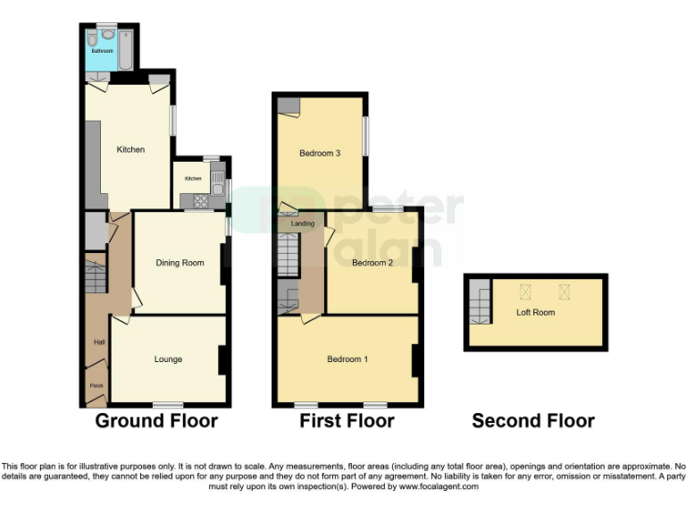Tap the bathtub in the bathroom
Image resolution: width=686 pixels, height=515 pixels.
pyautogui.click(x=124, y=50)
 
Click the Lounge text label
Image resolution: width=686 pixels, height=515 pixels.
pyautogui.click(x=168, y=359)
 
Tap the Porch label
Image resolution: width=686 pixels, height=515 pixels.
pyautogui.click(x=96, y=386)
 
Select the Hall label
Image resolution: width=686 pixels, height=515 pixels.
pyautogui.click(x=99, y=342)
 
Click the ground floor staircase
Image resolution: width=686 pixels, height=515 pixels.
pyautogui.click(x=96, y=274)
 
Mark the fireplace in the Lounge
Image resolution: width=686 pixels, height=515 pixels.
pyautogui.click(x=223, y=360)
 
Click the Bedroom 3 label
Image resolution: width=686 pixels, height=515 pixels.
pyautogui.click(x=319, y=153)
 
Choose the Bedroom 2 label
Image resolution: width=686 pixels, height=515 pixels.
pyautogui.click(x=372, y=263)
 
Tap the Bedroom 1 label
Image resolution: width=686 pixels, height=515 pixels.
pyautogui.click(x=347, y=359)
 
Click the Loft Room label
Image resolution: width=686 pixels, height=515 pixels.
pyautogui.click(x=535, y=313)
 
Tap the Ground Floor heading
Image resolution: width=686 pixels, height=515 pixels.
pyautogui.click(x=156, y=421)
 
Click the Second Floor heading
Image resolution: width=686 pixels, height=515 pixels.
pyautogui.click(x=533, y=421)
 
